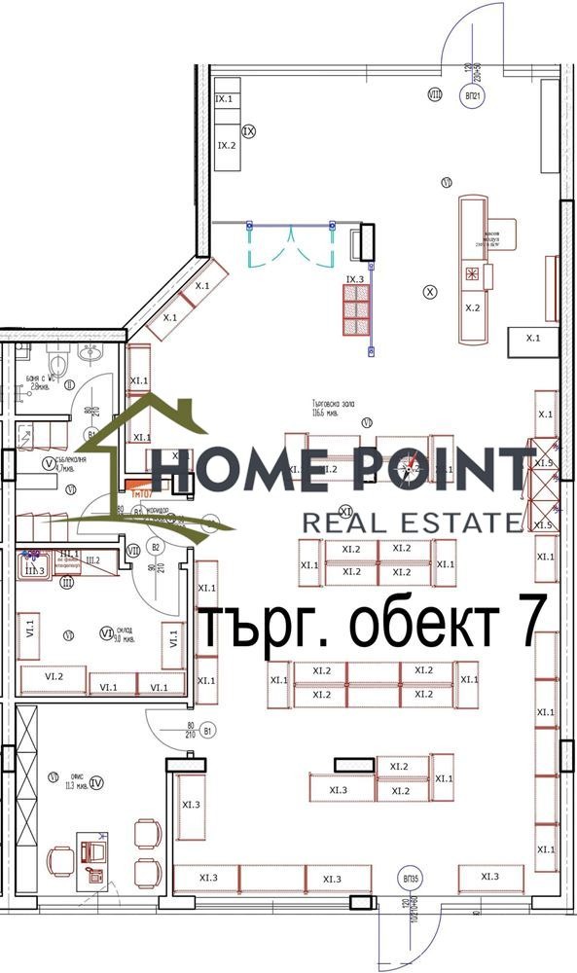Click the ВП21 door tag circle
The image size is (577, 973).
tap(473, 99)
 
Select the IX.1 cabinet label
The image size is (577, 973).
tap(224, 99)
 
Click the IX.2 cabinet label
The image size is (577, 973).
tap(227, 145)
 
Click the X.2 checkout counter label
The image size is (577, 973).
tap(473, 307)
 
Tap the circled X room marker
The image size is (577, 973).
tap(431, 290)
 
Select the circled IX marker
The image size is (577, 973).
tap(248, 130)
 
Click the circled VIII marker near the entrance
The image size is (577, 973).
tap(435, 94)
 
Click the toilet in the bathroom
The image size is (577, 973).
tap(58, 364)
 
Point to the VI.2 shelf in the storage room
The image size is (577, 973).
tap(53, 675)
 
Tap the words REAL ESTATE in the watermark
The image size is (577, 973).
tap(413, 523)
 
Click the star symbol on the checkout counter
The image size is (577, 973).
tap(473, 273)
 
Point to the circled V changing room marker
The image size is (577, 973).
tap(48, 465)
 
